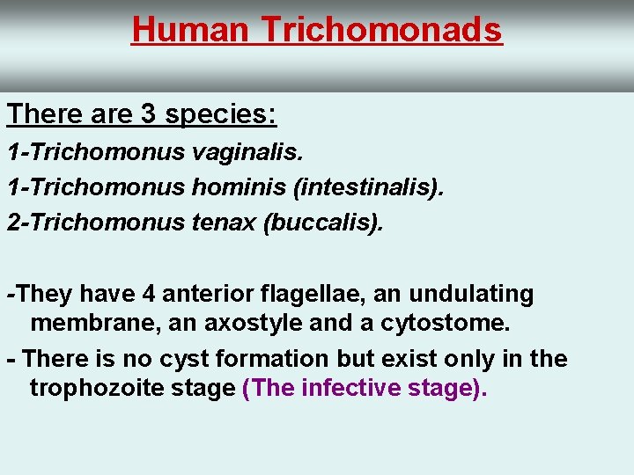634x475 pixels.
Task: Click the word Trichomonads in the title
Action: click(382, 30)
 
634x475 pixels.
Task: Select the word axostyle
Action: click(255, 324)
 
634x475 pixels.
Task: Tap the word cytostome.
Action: click(445, 324)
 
